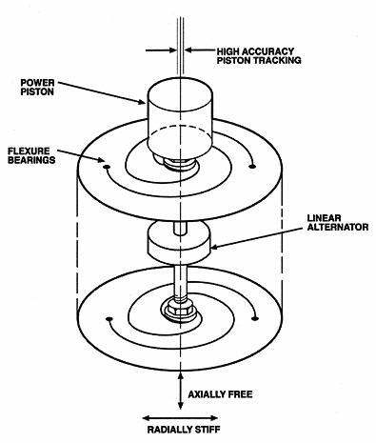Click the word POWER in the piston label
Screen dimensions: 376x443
coord(37,83)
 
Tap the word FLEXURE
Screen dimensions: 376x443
coord(29,151)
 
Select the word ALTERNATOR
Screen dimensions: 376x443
coord(338,227)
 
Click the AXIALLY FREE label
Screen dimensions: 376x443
coord(220,394)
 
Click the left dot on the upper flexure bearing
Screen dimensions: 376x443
coord(107,167)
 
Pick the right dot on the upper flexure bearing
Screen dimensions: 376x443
coord(252,166)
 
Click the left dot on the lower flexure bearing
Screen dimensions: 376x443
coord(109,318)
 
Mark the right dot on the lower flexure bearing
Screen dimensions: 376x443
coord(254,318)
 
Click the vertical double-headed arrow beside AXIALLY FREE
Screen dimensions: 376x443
coord(181,392)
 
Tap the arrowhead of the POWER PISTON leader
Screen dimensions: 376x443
coord(142,102)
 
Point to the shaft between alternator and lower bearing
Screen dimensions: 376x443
coord(180,282)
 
